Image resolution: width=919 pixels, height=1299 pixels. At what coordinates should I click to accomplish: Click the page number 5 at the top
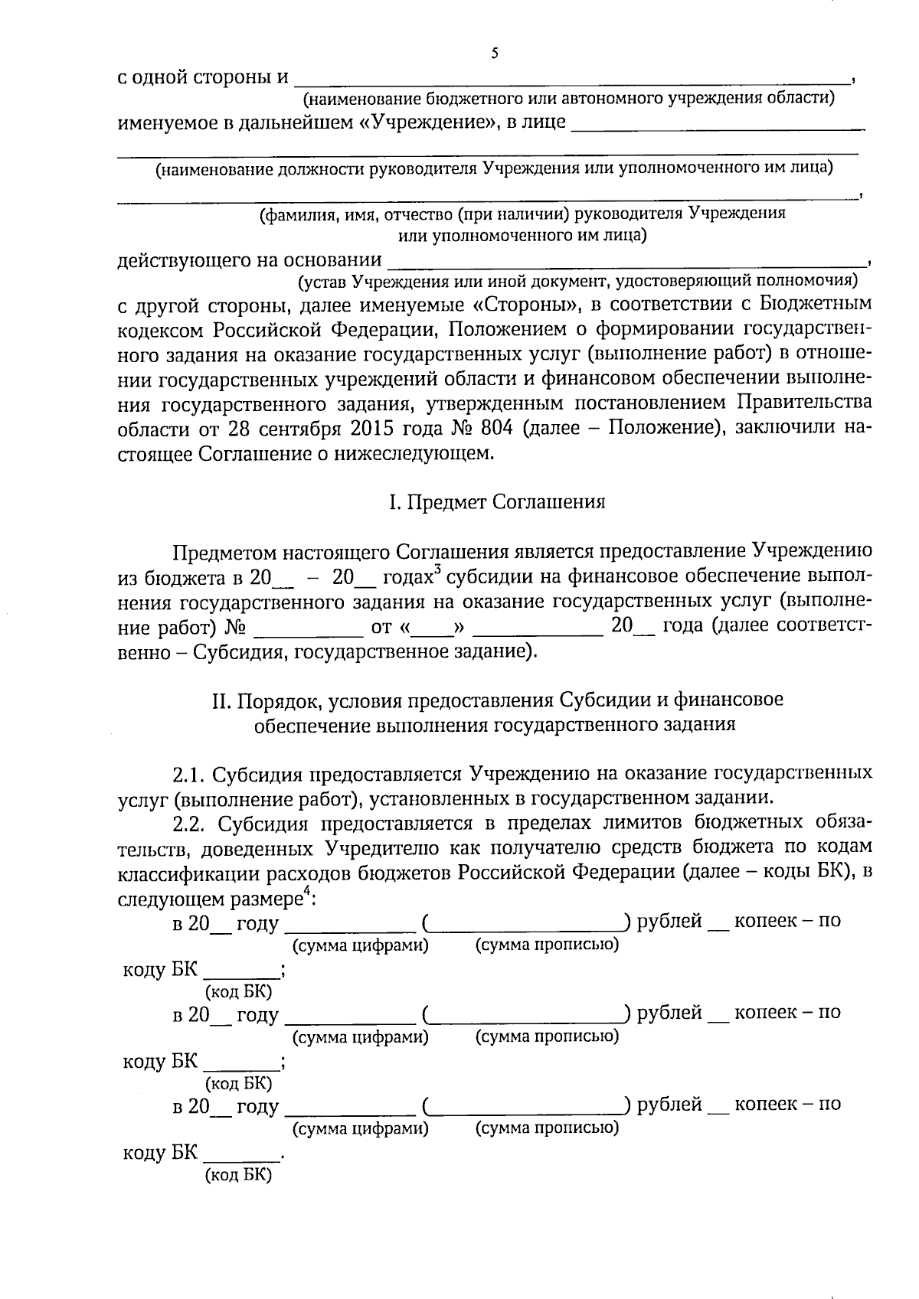point(495,53)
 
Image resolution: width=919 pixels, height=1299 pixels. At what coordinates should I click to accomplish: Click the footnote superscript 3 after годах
point(437,570)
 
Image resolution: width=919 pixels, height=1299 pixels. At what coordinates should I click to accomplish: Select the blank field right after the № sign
point(308,629)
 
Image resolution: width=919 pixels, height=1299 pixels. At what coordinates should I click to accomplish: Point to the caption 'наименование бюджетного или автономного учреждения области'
point(568,98)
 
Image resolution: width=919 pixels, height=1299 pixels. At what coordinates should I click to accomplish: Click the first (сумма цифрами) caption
point(361,945)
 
